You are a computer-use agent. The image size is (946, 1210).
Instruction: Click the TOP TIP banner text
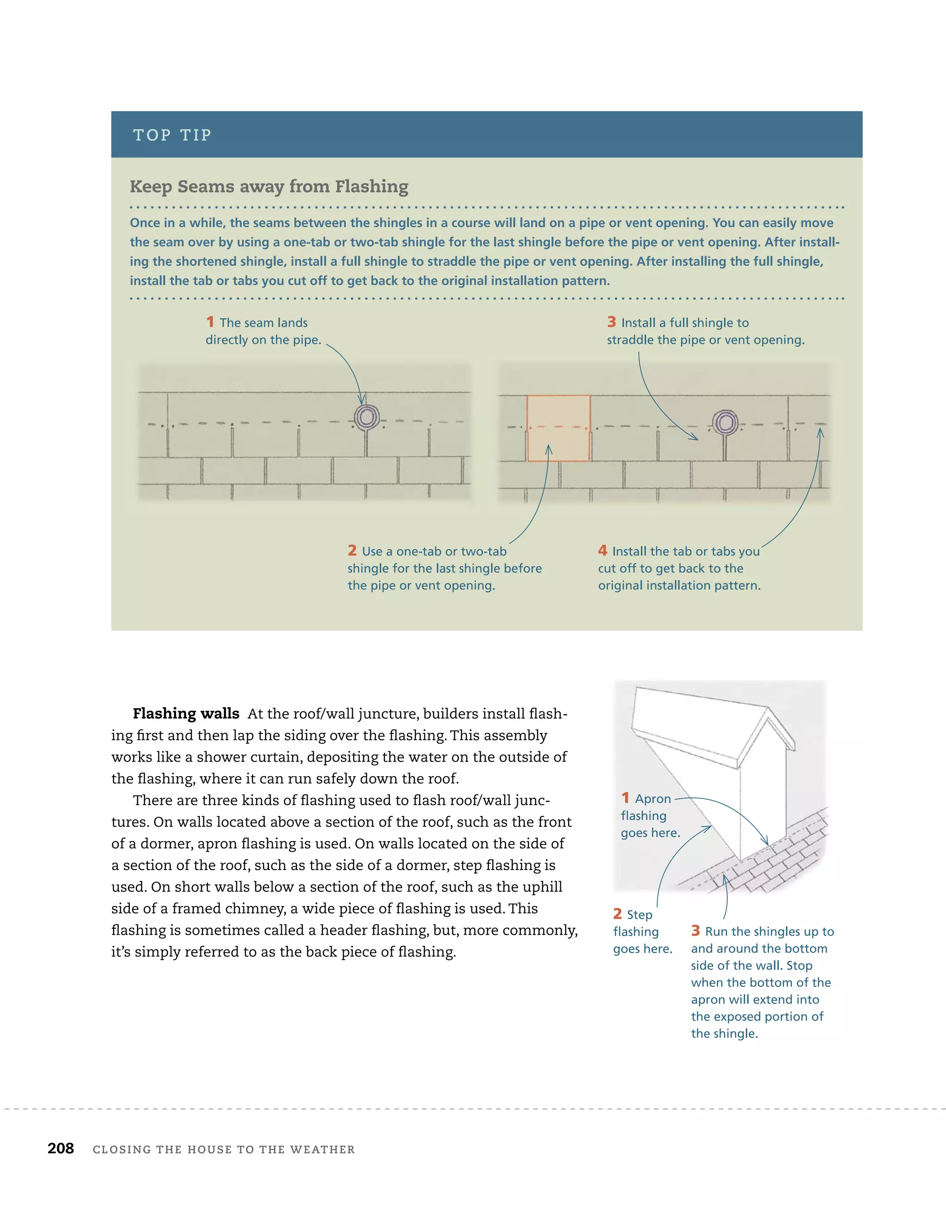point(172,135)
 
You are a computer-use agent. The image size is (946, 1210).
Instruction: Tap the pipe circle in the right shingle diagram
point(724,423)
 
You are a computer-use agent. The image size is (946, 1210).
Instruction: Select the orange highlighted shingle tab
point(558,428)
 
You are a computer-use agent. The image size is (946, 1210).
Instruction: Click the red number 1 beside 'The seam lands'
point(210,322)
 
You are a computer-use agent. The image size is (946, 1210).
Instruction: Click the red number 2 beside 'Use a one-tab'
point(352,550)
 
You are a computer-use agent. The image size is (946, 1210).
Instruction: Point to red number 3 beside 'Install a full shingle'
point(611,322)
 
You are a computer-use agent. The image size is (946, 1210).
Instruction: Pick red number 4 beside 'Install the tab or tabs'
point(602,550)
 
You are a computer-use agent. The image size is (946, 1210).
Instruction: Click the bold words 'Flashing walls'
point(186,714)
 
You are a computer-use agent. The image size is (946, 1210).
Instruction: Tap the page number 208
point(61,1149)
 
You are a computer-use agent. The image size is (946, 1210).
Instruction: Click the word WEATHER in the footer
point(322,1149)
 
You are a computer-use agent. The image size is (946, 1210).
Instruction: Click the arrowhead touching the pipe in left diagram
point(361,400)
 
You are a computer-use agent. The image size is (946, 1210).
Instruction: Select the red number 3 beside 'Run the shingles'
point(696,931)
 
